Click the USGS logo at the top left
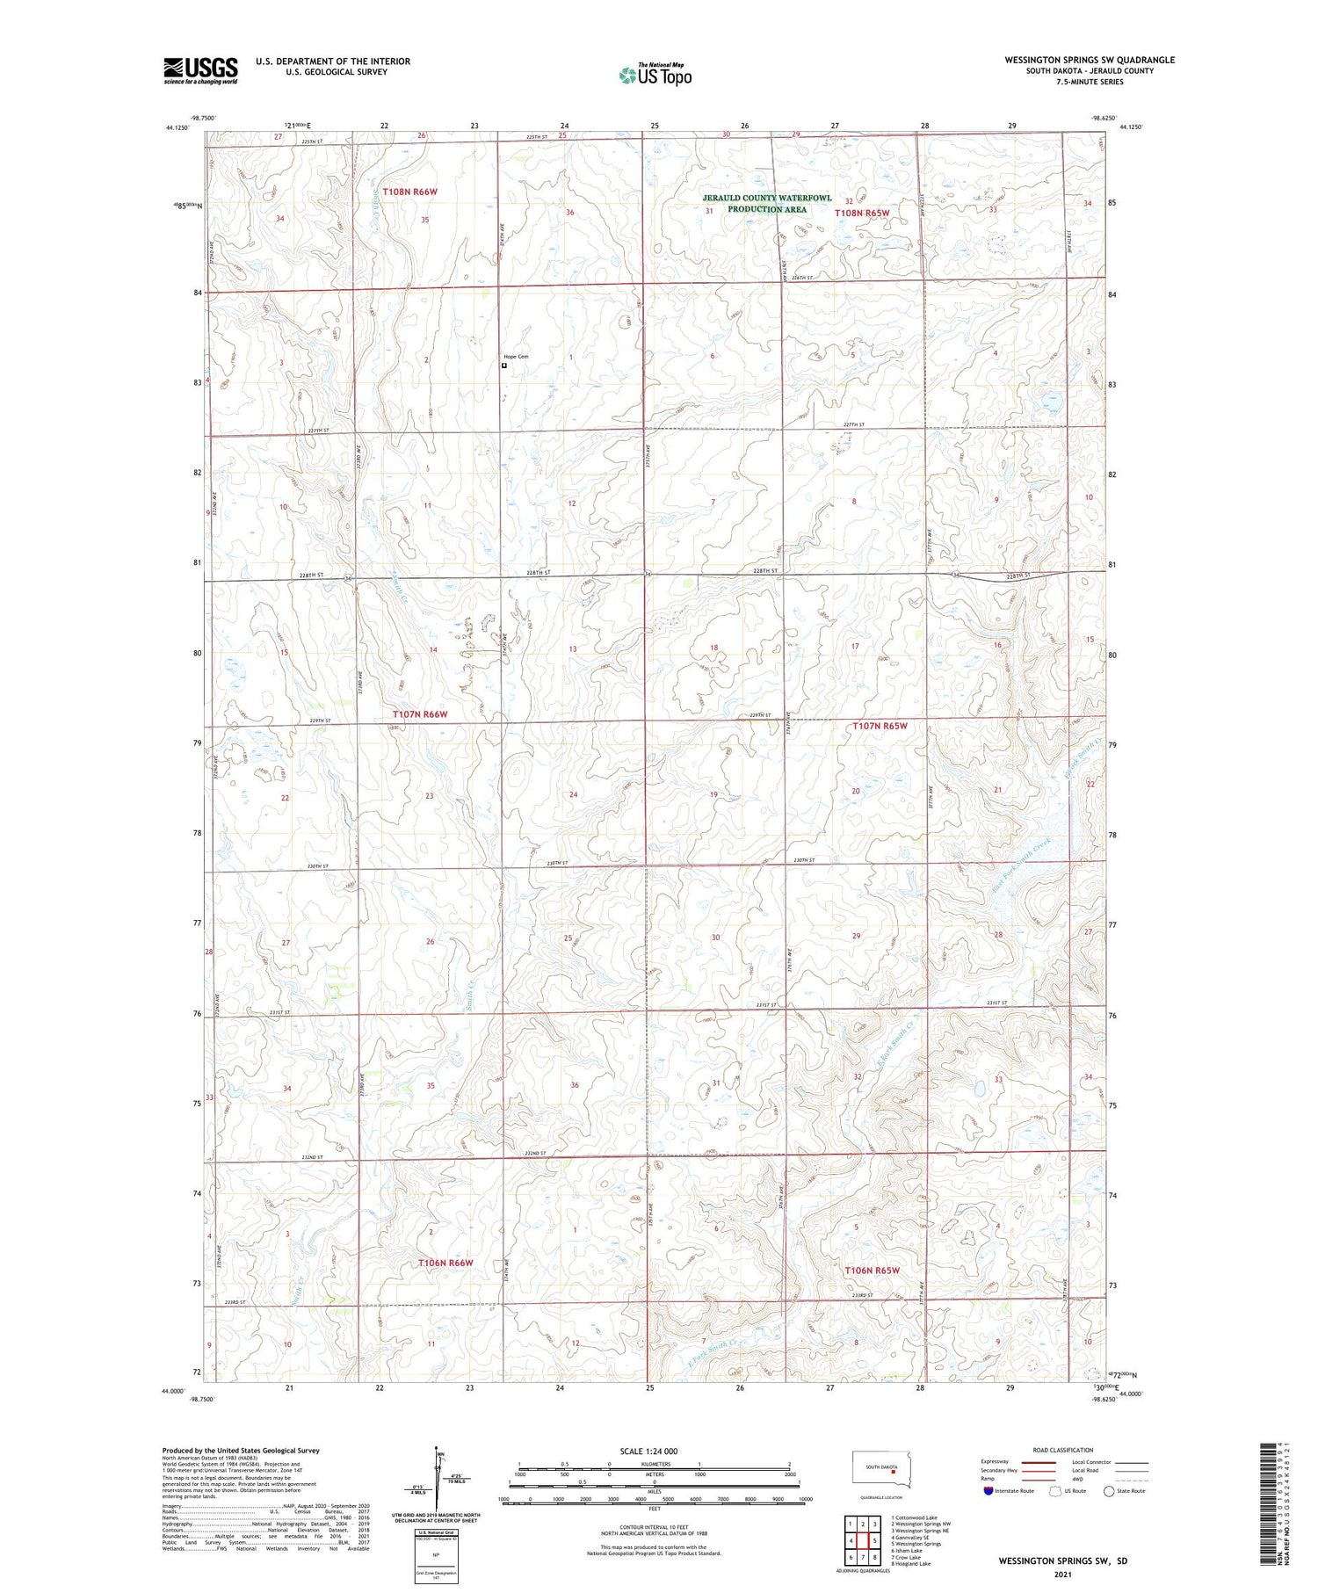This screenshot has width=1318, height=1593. [x=200, y=70]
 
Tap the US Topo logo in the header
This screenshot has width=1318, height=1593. [x=655, y=76]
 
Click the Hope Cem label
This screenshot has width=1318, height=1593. [x=516, y=357]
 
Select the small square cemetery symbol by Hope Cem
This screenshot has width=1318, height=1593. [x=503, y=366]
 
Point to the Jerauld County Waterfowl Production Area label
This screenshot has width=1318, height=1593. [x=766, y=204]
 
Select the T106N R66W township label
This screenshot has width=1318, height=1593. [x=445, y=1263]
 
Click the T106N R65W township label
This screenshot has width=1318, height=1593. [x=873, y=1271]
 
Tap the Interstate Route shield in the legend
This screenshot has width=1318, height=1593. [x=988, y=1491]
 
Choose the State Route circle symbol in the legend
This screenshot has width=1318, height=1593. [x=1109, y=1491]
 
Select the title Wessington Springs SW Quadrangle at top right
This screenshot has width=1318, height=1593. [x=1090, y=60]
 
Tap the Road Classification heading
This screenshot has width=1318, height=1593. [x=1063, y=1450]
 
